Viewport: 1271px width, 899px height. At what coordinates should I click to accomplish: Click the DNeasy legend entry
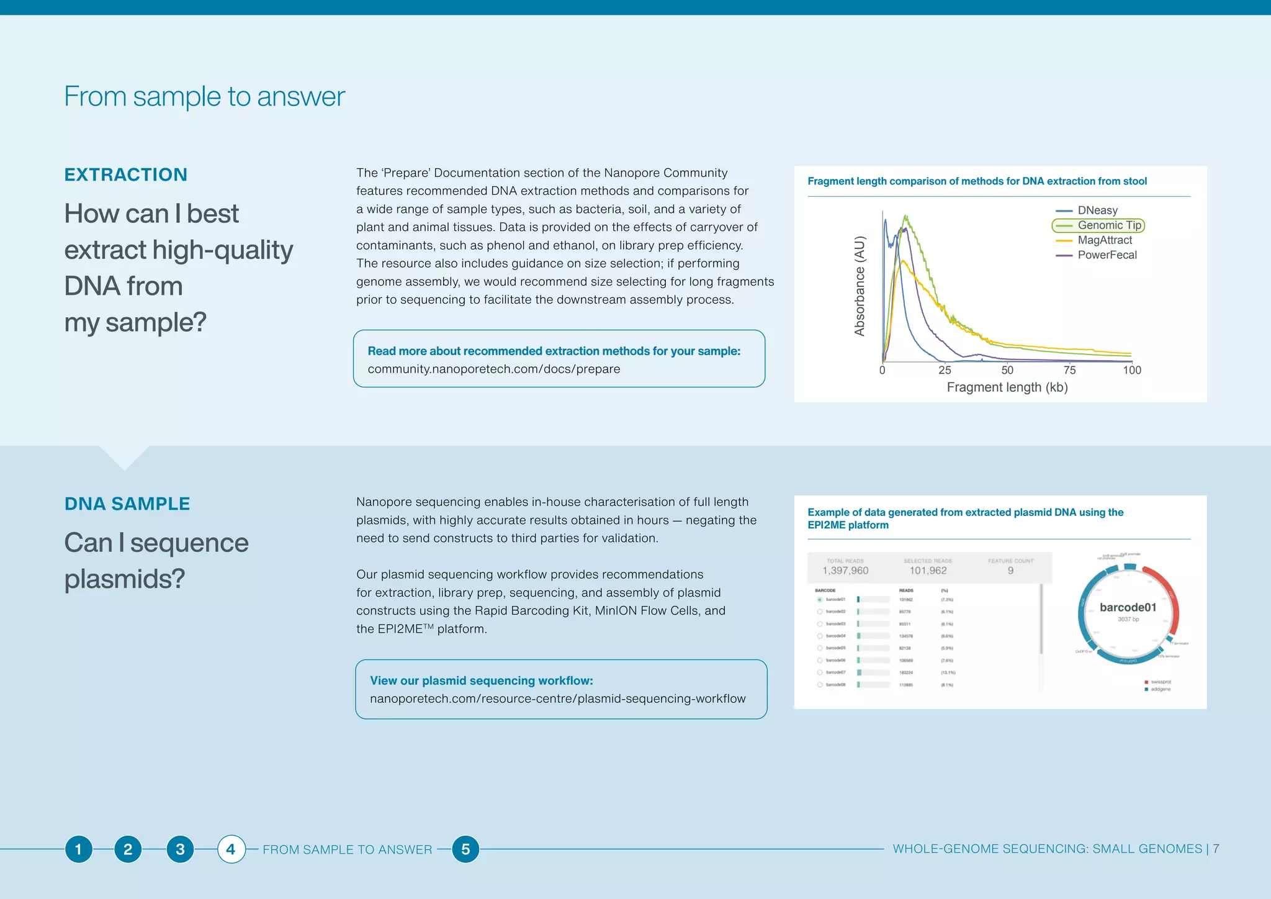1097,210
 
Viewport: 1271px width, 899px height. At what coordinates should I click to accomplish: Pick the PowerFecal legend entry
1106,255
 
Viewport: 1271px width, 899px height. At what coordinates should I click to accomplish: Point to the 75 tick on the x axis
1069,370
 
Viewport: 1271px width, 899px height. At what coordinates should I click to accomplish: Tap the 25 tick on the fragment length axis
945,370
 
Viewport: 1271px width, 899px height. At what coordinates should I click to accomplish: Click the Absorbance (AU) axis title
860,286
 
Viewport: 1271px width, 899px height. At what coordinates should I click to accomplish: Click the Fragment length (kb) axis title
1007,387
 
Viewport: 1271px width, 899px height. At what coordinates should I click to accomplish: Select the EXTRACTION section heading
126,175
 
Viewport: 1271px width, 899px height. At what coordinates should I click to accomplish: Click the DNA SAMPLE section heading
127,504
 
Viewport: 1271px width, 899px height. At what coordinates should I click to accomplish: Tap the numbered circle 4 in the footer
231,849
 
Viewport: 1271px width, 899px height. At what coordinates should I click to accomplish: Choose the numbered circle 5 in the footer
465,849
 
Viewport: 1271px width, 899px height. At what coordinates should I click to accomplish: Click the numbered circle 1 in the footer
78,849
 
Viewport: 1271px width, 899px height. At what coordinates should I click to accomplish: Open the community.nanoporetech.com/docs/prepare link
493,369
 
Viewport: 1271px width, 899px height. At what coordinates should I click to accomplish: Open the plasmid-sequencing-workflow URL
557,699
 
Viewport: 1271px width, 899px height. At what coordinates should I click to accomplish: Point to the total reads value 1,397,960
845,571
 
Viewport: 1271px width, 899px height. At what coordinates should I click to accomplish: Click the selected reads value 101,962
928,571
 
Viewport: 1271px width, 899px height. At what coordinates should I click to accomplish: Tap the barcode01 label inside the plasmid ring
1128,607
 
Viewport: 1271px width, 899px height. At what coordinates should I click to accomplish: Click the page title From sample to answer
204,97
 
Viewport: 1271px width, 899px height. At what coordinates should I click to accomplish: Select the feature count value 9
1010,571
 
